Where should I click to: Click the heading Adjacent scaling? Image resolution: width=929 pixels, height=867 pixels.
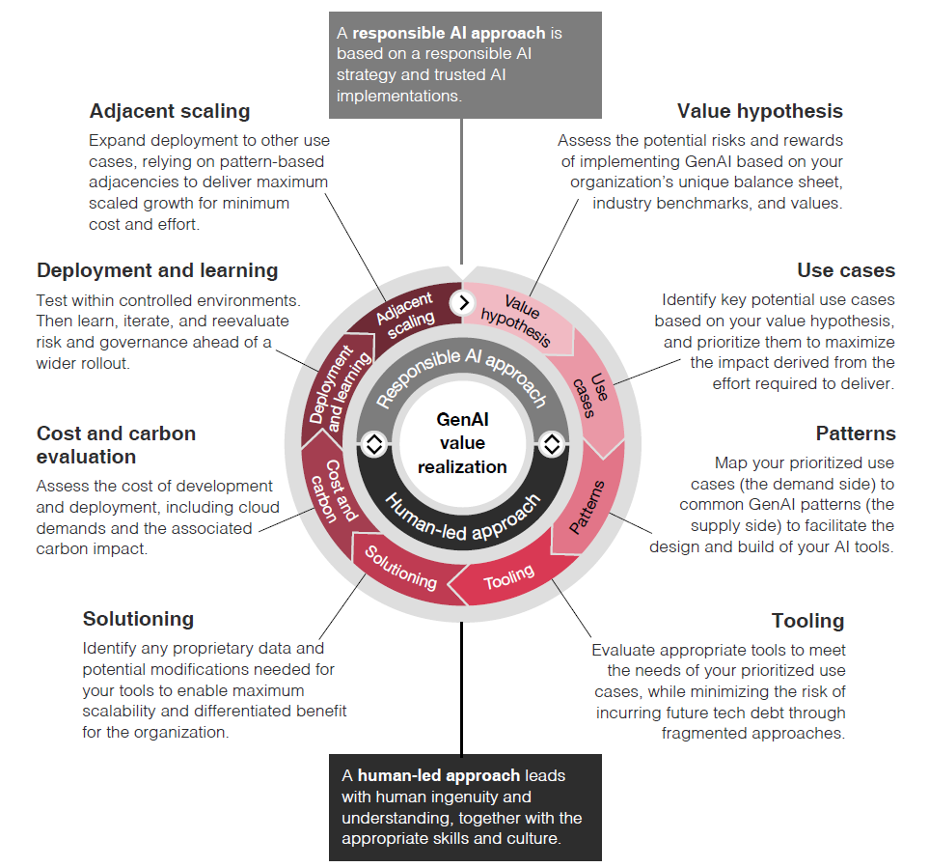click(x=170, y=111)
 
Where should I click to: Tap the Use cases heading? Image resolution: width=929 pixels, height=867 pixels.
click(x=846, y=270)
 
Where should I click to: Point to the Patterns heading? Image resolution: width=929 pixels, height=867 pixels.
click(x=855, y=433)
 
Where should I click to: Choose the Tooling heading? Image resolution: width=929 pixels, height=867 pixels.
click(x=807, y=621)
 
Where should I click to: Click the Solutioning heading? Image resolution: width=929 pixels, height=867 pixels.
click(x=138, y=619)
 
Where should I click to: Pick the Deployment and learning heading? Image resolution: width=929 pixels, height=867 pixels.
click(x=157, y=270)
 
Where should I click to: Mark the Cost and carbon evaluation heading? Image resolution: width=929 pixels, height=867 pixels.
click(x=116, y=444)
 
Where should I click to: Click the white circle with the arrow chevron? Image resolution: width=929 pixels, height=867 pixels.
click(x=463, y=302)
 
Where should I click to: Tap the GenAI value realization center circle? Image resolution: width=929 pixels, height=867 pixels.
click(x=462, y=443)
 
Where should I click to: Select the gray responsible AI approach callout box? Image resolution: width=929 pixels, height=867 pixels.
click(x=464, y=65)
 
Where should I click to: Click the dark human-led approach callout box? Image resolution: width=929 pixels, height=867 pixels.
click(x=464, y=807)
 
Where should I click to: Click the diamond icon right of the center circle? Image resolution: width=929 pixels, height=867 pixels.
click(x=552, y=444)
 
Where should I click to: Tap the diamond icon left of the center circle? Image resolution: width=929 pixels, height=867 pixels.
click(x=373, y=444)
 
